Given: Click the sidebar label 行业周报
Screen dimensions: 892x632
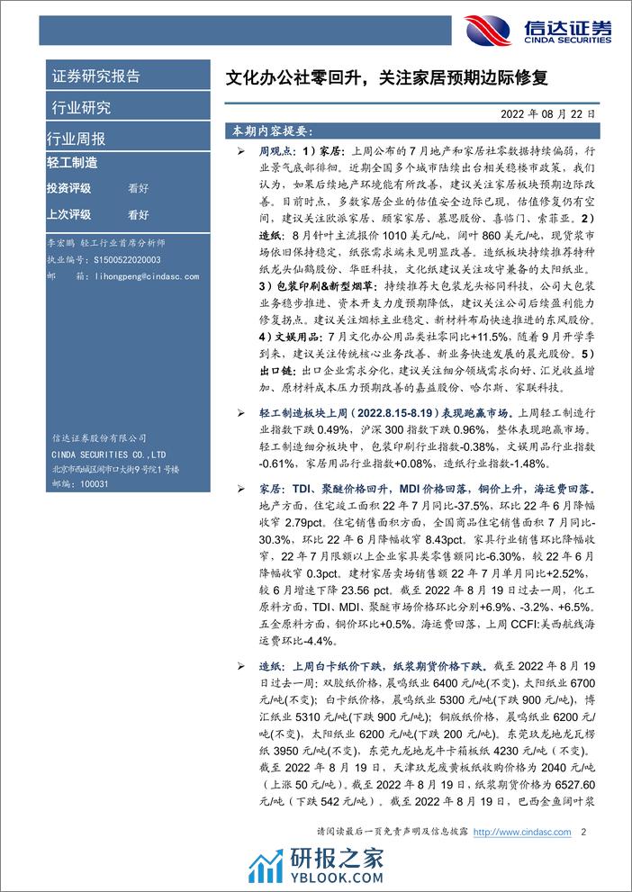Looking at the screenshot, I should coord(76,139).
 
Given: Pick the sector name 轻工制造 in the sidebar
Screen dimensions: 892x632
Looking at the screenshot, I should coord(71,163).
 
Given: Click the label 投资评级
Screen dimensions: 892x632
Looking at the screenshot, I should coord(68,189).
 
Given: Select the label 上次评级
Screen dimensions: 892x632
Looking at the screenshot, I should coord(68,214).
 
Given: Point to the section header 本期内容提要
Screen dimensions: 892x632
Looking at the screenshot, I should coord(271,131).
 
